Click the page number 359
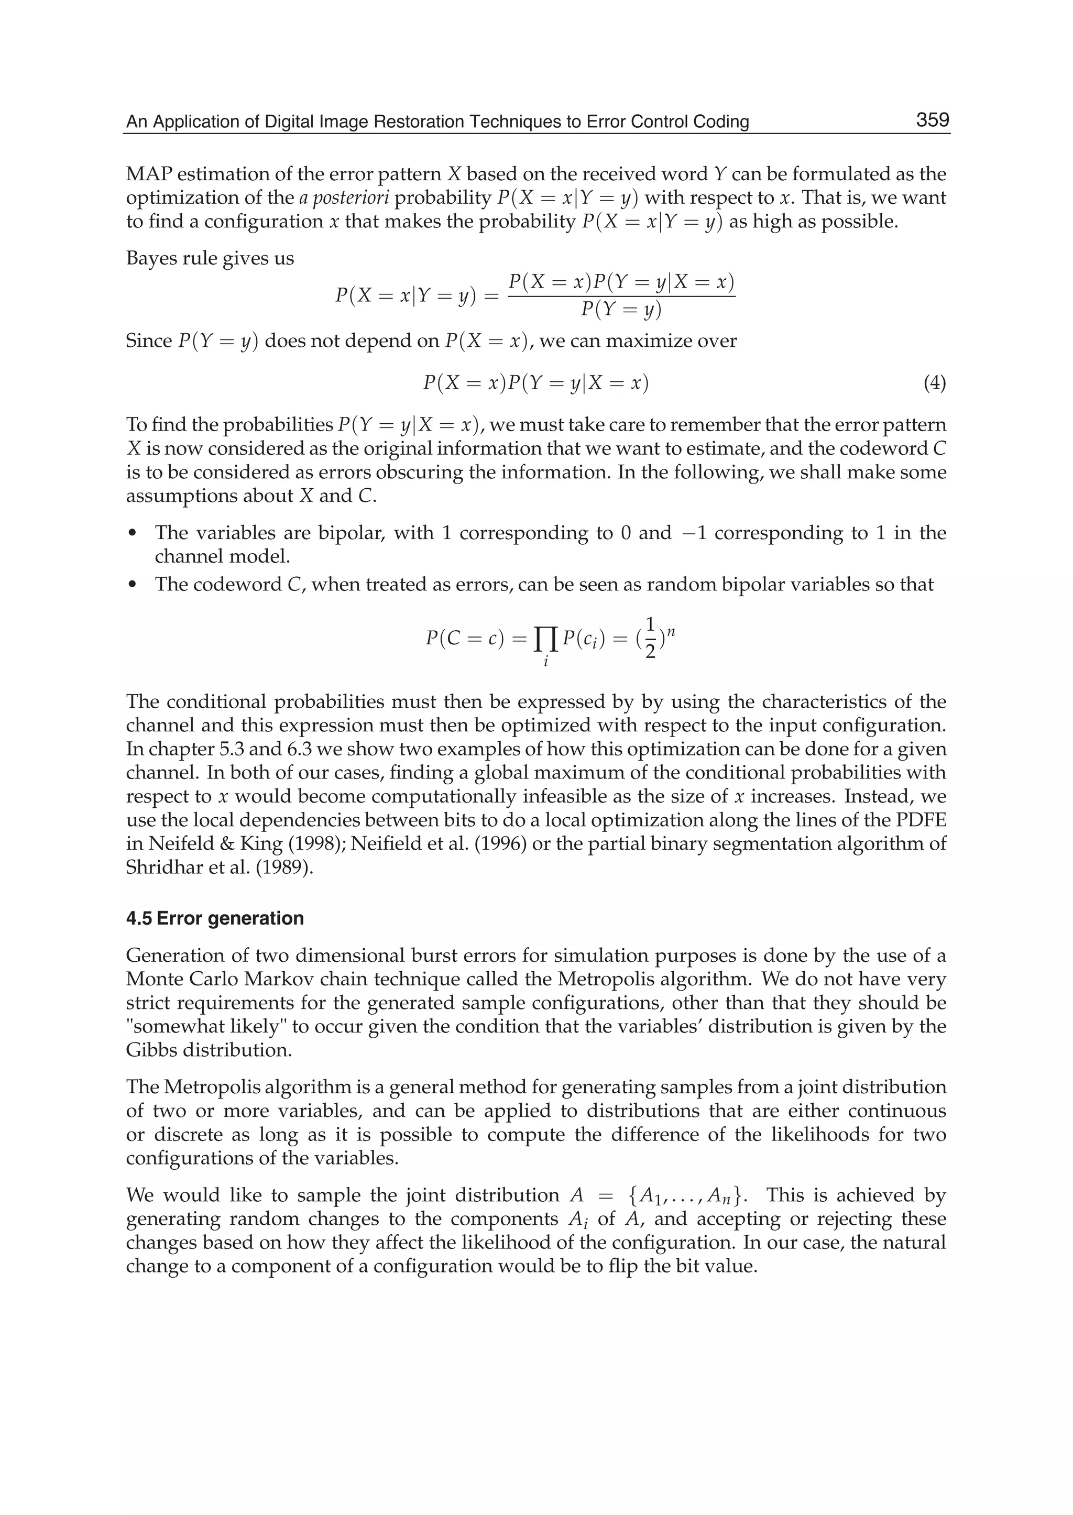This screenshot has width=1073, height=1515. pyautogui.click(x=932, y=120)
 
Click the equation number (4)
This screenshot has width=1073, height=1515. pyautogui.click(x=934, y=383)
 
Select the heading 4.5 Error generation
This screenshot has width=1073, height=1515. pyautogui.click(x=215, y=918)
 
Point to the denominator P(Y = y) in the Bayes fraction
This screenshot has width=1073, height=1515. pyautogui.click(x=621, y=309)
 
